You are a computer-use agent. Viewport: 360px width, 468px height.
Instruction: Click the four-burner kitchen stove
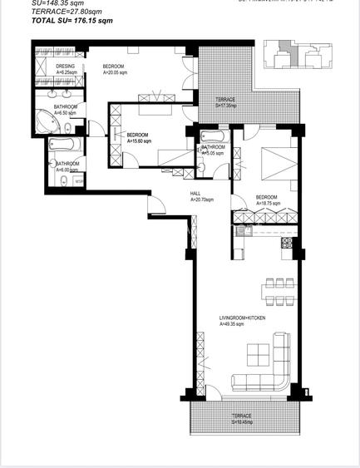pos(287,243)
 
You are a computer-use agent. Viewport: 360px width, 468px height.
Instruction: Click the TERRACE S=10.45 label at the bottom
pos(242,418)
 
